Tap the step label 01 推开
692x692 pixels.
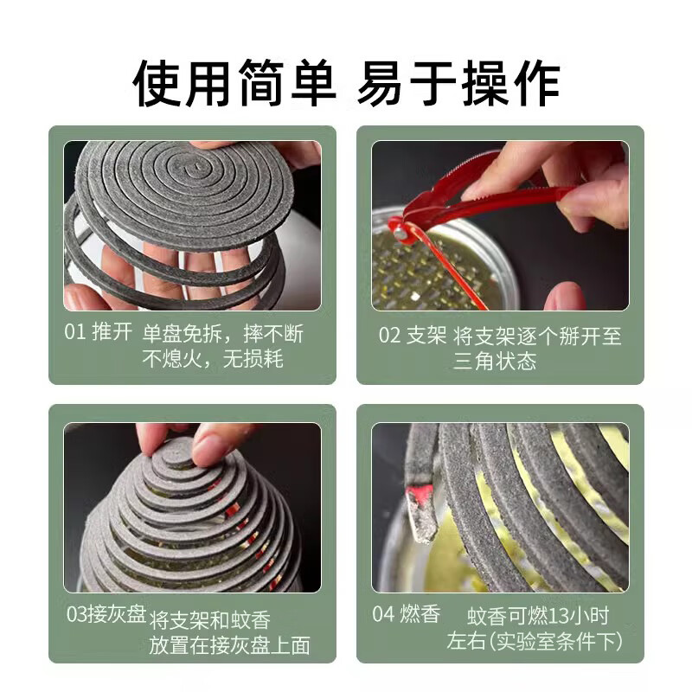[x=98, y=334]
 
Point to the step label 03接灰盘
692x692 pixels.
[x=106, y=615]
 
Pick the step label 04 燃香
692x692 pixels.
[x=407, y=615]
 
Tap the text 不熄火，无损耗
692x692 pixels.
[x=212, y=359]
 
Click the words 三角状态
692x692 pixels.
[x=495, y=361]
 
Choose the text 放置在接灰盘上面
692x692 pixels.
[x=229, y=645]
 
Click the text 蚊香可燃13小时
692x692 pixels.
[x=538, y=616]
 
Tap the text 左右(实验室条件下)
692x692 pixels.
[x=535, y=642]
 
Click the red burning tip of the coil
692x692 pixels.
[x=422, y=495]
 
